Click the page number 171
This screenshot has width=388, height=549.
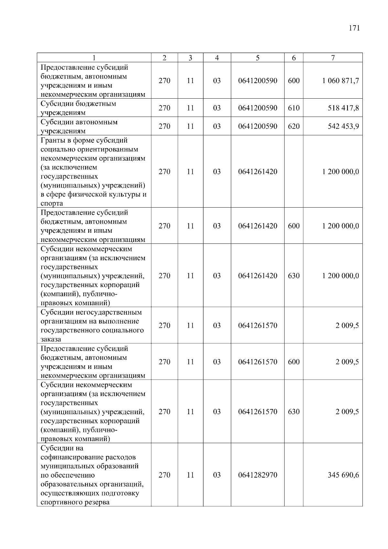coord(354,28)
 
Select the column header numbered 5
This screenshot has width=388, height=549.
coord(257,58)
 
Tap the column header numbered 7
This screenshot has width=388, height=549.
coord(333,58)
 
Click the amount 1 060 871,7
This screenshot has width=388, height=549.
coord(340,81)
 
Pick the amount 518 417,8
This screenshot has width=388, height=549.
coord(343,108)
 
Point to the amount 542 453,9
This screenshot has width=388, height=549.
coord(343,126)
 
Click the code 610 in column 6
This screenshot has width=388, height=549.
coord(294,108)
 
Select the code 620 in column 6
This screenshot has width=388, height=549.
coord(294,126)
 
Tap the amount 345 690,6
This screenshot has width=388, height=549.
coord(343,475)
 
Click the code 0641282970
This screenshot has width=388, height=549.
coord(258,475)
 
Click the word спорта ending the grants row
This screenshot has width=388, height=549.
coord(52,204)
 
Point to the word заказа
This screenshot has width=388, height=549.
coord(51,339)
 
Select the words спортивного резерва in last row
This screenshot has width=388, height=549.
coord(75,502)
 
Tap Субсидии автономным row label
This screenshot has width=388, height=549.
coord(79,126)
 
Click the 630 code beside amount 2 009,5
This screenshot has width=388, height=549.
coord(294,412)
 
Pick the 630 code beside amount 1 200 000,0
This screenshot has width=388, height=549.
coord(294,276)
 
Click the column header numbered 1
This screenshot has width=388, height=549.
coord(94,58)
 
